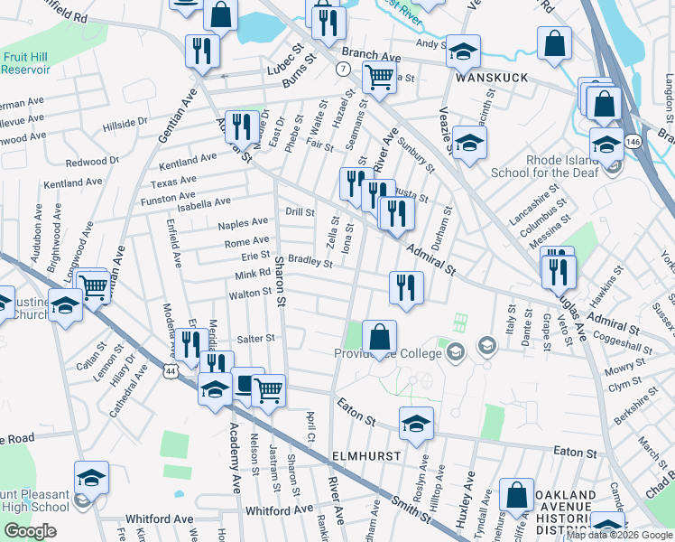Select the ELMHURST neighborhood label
(365, 456)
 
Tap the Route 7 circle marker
(343, 69)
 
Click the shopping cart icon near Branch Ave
(380, 78)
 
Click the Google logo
(30, 531)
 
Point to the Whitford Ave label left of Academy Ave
(162, 519)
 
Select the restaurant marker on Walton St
(406, 287)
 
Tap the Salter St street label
(254, 338)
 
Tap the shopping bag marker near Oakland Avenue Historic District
(517, 494)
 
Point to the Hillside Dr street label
(125, 122)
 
